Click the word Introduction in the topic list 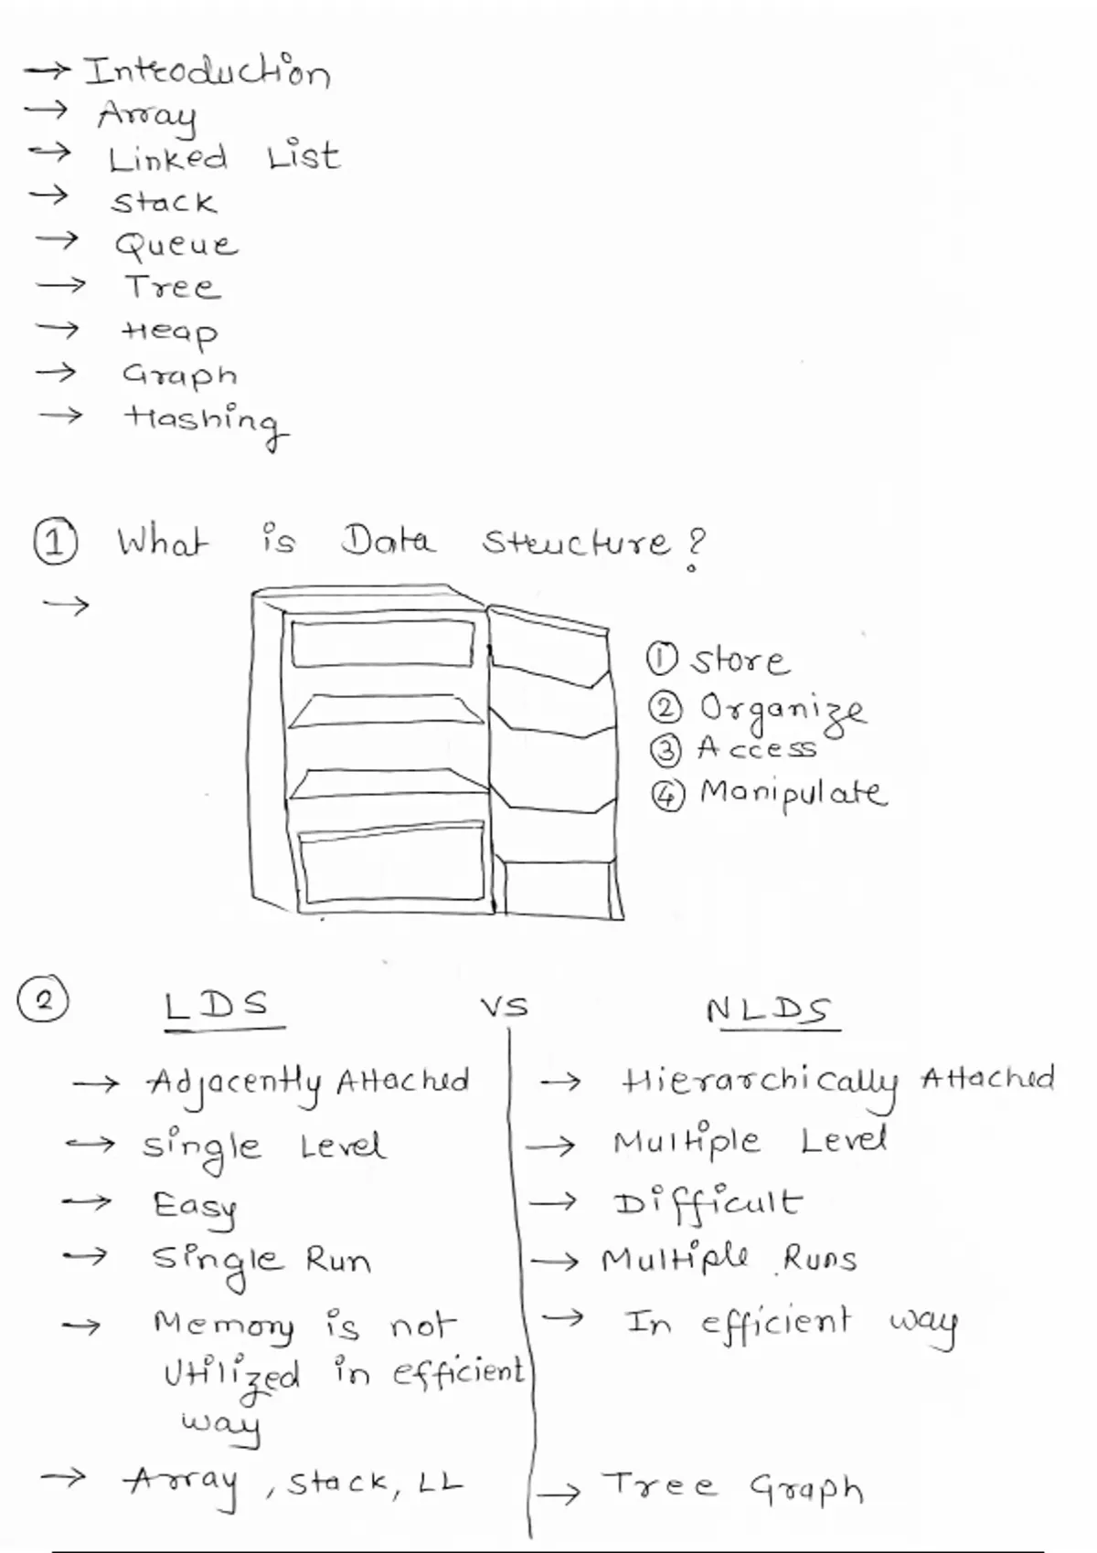tap(207, 71)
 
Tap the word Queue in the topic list tap(176, 245)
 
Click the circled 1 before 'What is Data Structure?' tap(55, 542)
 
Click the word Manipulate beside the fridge tap(793, 793)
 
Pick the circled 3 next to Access tap(666, 750)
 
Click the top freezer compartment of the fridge tap(383, 643)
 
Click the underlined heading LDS tap(218, 1006)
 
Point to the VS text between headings tap(505, 1008)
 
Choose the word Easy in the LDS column tap(195, 1208)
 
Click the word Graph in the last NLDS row tap(806, 1489)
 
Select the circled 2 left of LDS tap(43, 1000)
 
